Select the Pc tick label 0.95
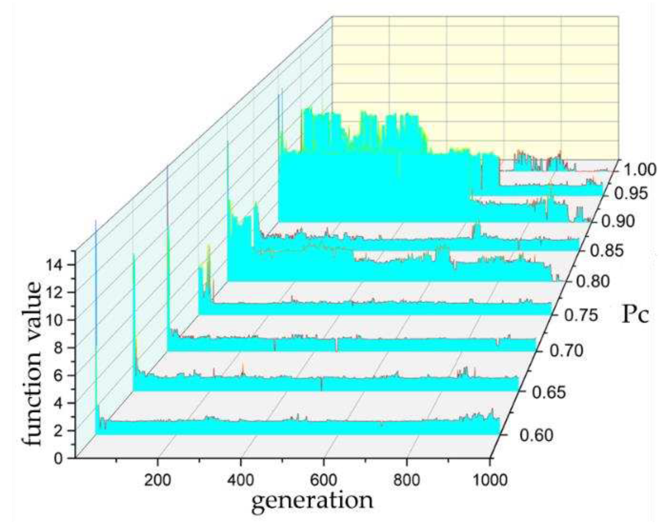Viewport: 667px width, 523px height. pos(631,194)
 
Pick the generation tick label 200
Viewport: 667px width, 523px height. pos(157,480)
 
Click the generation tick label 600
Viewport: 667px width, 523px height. pos(324,480)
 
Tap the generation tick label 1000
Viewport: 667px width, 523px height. pos(490,480)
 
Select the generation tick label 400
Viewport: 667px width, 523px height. pos(241,480)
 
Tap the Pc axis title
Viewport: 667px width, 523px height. pos(635,315)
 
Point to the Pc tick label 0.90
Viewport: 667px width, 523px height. pos(618,222)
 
